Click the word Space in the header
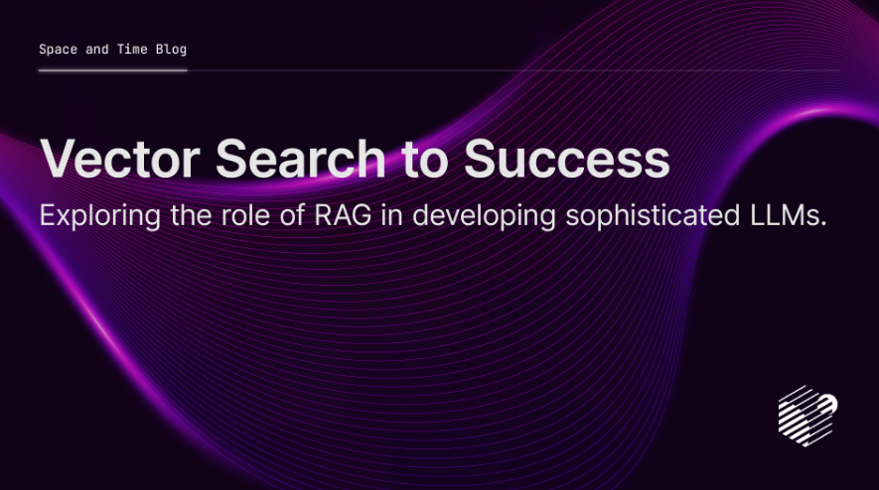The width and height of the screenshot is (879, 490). tap(59, 50)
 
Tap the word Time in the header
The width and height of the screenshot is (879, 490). tap(132, 50)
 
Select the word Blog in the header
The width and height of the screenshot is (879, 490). tap(171, 50)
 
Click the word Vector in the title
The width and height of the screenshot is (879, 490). tap(120, 159)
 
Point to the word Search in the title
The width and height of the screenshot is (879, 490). tap(301, 159)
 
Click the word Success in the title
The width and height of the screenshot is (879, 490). tap(567, 159)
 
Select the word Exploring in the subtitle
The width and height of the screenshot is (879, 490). tap(100, 216)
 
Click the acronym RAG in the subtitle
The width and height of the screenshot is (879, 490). tap(343, 215)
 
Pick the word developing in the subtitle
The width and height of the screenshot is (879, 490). tap(485, 216)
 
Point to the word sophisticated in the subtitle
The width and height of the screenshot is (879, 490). tap(653, 216)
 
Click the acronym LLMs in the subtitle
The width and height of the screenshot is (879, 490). tap(784, 215)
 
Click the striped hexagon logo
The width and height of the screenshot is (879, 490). tap(807, 416)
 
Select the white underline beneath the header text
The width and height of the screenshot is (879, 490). tap(112, 70)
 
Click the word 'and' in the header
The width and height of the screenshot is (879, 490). tap(97, 50)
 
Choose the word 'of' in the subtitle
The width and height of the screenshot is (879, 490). tap(292, 215)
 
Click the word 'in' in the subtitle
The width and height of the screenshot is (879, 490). tap(392, 215)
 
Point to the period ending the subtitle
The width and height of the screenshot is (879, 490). tap(823, 224)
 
